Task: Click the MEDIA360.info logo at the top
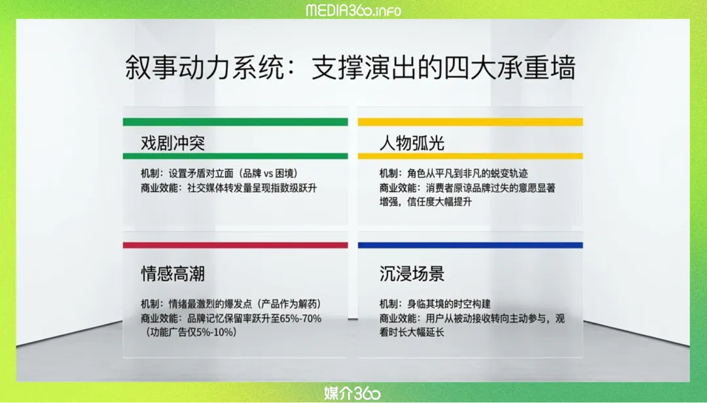[x=353, y=10]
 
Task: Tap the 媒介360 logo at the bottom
[x=353, y=393]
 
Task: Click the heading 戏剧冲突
[x=173, y=143]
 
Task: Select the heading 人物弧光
[x=412, y=143]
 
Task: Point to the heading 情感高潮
[x=173, y=273]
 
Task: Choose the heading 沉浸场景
[x=412, y=273]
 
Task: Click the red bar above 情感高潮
[x=236, y=245]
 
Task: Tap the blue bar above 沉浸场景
[x=470, y=245]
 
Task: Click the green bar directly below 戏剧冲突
[x=236, y=156]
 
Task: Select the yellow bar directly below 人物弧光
[x=470, y=156]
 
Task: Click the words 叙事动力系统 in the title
[x=204, y=67]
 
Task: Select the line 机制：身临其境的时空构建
[x=435, y=303]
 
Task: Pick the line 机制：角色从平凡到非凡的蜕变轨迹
[x=454, y=173]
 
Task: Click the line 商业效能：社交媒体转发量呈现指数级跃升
[x=229, y=187]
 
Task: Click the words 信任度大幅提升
[x=440, y=202]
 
